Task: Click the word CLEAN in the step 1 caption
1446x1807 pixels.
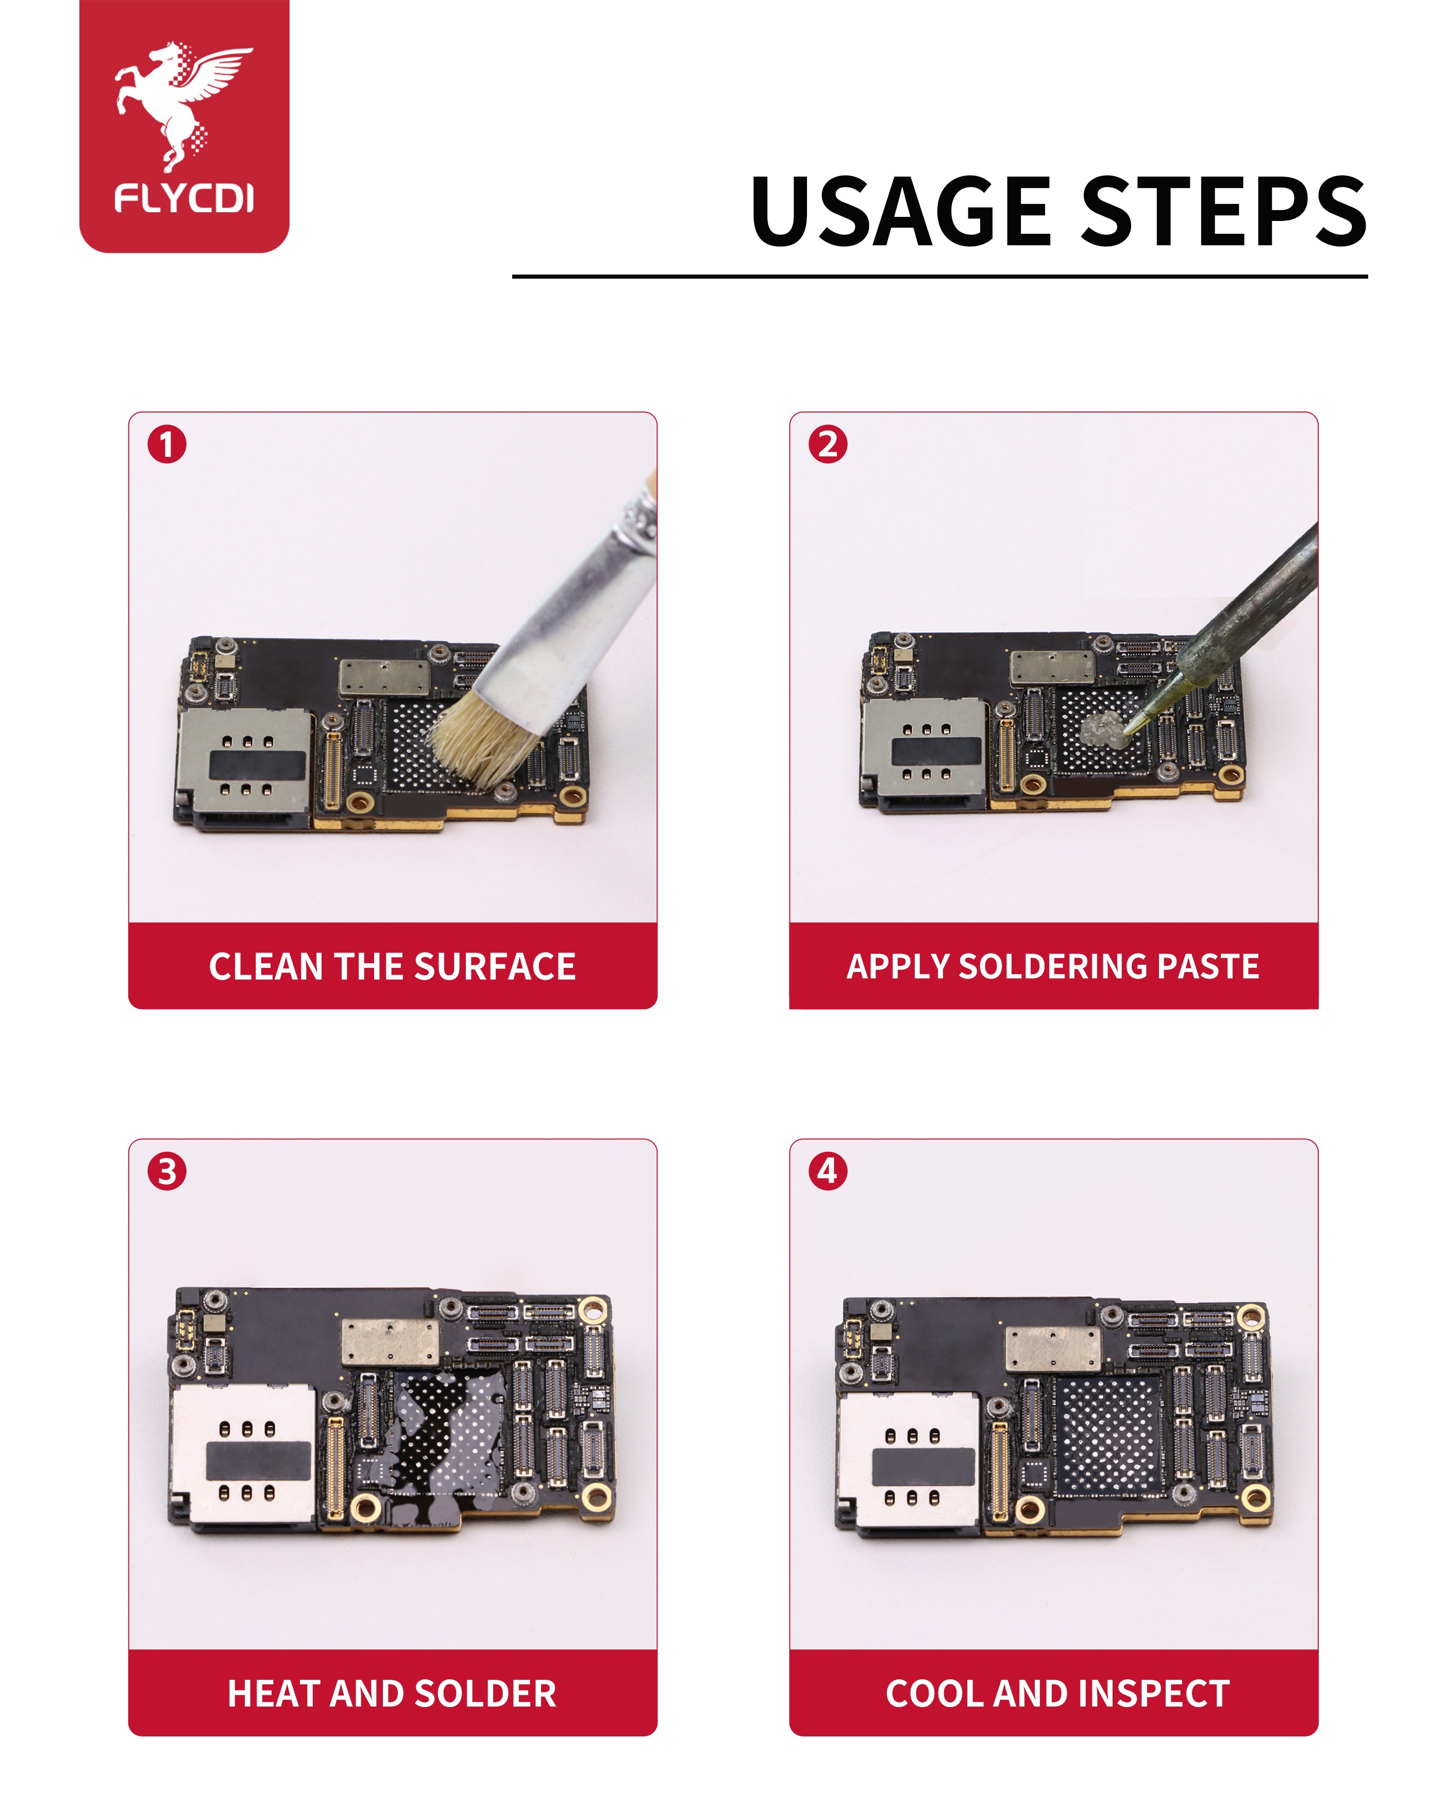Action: [x=266, y=966]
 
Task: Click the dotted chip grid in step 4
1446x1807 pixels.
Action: [x=1107, y=1436]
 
